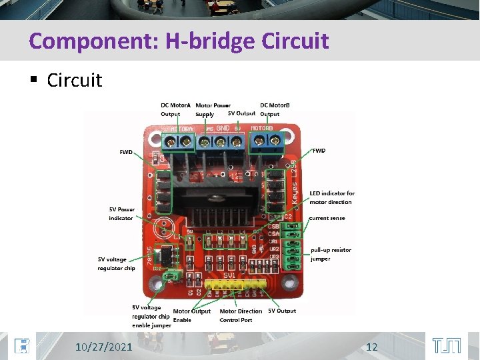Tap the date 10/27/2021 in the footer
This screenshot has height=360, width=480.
click(x=103, y=347)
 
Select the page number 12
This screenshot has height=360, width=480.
click(x=372, y=347)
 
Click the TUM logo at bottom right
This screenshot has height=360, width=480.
click(x=446, y=346)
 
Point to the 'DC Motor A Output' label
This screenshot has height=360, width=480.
click(x=175, y=109)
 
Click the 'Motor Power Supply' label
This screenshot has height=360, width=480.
click(x=213, y=109)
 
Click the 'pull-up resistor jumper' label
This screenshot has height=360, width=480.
click(x=331, y=255)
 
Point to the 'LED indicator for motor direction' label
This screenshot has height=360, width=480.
click(x=332, y=198)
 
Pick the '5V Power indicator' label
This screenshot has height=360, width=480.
click(x=122, y=214)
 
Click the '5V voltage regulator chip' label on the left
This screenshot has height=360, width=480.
click(x=116, y=264)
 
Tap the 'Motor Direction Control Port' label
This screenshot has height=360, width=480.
click(x=241, y=315)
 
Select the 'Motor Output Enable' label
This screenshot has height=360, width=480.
click(x=191, y=315)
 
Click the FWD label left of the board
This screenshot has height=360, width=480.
click(x=126, y=152)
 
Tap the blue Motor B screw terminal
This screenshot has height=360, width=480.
click(x=265, y=141)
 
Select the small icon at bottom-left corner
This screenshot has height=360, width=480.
click(x=22, y=346)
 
